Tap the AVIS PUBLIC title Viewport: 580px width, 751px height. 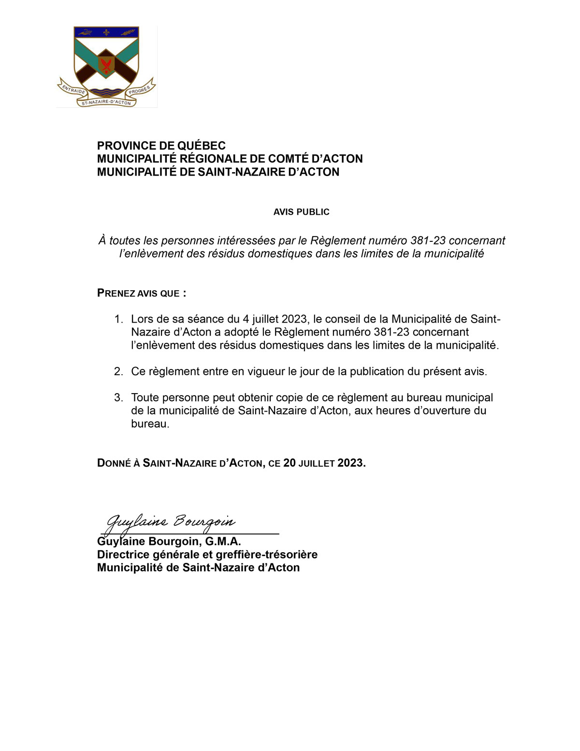click(301, 212)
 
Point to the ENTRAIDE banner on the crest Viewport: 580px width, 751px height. click(73, 89)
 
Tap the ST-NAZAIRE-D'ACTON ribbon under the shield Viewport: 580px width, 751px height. click(106, 102)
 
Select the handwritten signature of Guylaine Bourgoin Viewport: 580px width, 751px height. click(171, 522)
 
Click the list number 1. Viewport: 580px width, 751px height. click(118, 319)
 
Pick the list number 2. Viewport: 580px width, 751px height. click(118, 371)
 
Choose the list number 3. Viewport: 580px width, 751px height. click(118, 398)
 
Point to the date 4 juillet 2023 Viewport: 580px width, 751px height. click(275, 319)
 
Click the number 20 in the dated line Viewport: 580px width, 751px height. click(289, 463)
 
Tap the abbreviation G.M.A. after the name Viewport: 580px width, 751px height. click(223, 542)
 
